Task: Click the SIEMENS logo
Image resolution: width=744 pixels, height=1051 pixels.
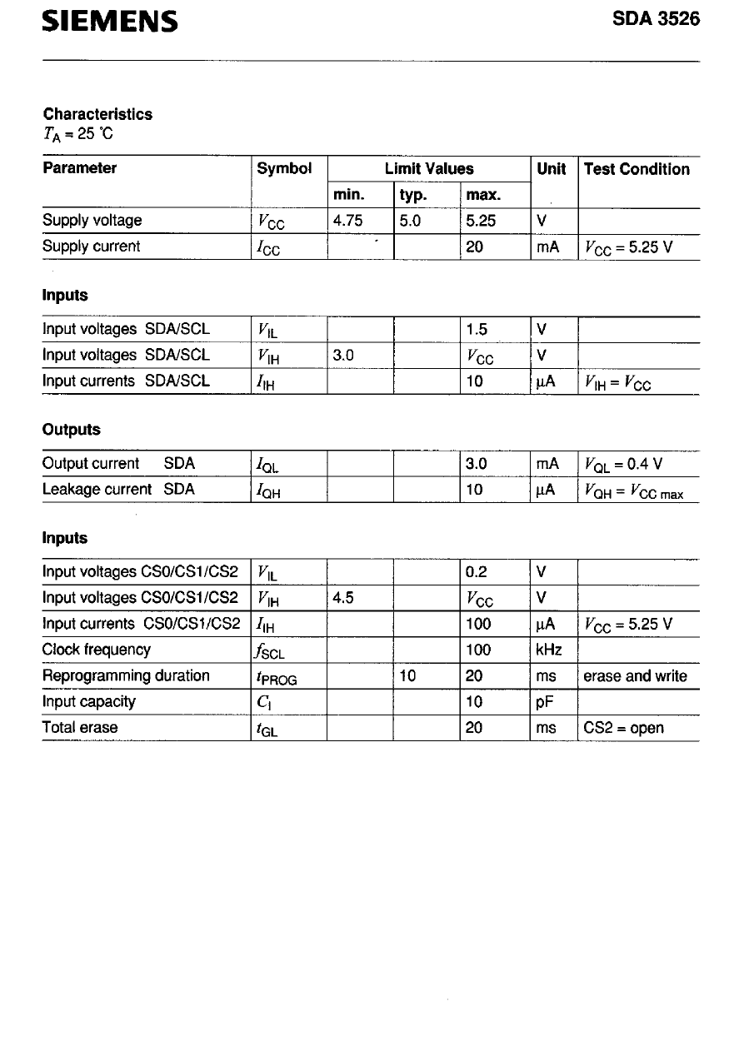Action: pyautogui.click(x=110, y=22)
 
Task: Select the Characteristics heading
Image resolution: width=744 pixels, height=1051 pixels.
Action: pyautogui.click(x=97, y=114)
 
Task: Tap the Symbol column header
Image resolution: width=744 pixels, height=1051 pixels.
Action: pyautogui.click(x=284, y=168)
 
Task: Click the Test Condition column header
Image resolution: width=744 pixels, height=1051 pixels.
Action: pyautogui.click(x=637, y=169)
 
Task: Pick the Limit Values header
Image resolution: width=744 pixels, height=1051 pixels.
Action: pyautogui.click(x=429, y=168)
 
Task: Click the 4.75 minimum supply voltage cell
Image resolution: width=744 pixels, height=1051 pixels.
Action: pyautogui.click(x=348, y=221)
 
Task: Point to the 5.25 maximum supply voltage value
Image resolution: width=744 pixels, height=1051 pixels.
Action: pyautogui.click(x=481, y=221)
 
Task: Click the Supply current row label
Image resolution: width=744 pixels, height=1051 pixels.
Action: pyautogui.click(x=92, y=247)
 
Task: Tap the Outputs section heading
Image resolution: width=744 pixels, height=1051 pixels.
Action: pyautogui.click(x=71, y=430)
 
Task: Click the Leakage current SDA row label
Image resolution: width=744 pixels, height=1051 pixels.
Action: pyautogui.click(x=118, y=490)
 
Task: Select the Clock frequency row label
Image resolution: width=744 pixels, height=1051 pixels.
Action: pyautogui.click(x=97, y=650)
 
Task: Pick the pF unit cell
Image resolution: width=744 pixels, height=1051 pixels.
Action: pyautogui.click(x=545, y=701)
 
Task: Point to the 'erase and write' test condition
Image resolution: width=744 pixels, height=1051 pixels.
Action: pyautogui.click(x=635, y=676)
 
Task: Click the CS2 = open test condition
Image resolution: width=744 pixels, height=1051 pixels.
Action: pyautogui.click(x=623, y=728)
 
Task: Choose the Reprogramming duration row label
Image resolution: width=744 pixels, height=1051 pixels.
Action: pyautogui.click(x=126, y=675)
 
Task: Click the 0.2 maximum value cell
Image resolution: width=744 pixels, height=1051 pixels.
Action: pyautogui.click(x=477, y=572)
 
